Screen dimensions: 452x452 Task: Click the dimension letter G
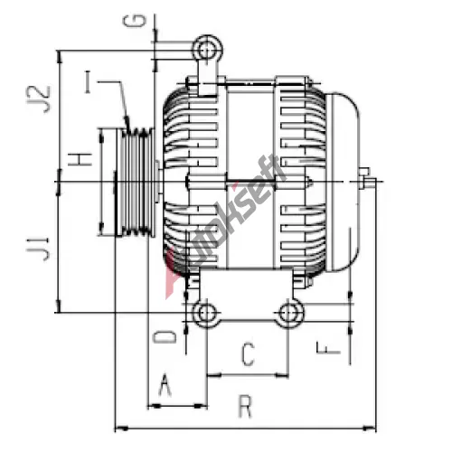click(135, 21)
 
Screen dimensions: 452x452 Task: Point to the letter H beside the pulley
click(80, 159)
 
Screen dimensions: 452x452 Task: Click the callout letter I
click(88, 82)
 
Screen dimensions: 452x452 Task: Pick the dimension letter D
click(165, 337)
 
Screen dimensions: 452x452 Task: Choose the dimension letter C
click(249, 354)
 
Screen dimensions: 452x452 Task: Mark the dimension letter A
click(165, 384)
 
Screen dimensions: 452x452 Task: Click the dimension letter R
click(245, 407)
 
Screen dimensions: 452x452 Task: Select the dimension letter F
click(328, 348)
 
